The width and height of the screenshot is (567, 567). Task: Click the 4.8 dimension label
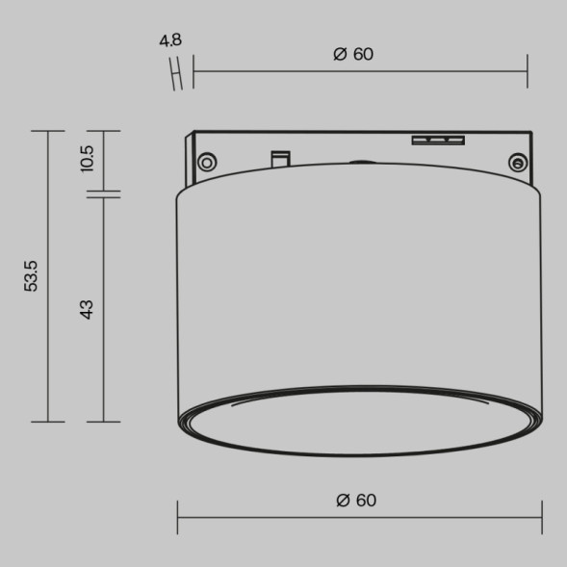coord(170,40)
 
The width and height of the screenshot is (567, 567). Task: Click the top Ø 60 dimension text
coord(353,54)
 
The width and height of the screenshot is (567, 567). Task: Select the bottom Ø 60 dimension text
coord(357,501)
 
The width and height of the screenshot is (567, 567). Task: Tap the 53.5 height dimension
coord(32,275)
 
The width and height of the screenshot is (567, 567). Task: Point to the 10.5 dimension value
coord(88,158)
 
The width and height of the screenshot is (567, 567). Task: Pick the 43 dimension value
coord(88,309)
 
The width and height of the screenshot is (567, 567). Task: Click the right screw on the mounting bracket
coord(518,162)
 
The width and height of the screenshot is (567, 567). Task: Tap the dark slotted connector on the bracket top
coord(438,141)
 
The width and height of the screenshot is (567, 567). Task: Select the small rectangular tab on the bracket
coord(280,157)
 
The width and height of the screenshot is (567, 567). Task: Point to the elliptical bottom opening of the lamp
coord(359,421)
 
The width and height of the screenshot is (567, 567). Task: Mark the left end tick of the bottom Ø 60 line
coord(178,517)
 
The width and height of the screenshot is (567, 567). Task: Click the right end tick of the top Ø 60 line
coord(528,71)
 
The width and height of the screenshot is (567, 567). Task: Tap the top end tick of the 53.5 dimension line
coord(48,131)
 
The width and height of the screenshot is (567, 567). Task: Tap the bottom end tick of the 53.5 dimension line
coord(48,422)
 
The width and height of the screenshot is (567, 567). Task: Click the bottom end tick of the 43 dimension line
coord(103,422)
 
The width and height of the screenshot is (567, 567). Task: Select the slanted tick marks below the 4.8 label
coord(177,73)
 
